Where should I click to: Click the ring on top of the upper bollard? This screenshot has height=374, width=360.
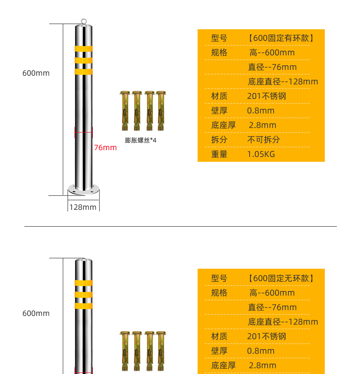point(84,19)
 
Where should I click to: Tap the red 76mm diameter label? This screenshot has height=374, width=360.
point(105,148)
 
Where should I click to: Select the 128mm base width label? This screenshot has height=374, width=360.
point(83,207)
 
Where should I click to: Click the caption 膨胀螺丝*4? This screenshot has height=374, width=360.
point(140,140)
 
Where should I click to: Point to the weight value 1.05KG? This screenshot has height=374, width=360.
point(261,154)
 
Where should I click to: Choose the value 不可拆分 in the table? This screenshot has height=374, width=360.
point(264,140)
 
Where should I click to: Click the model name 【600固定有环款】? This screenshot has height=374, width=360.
point(281,38)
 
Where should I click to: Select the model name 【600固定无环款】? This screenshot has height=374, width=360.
point(281,278)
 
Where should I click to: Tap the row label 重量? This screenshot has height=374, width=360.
point(219,154)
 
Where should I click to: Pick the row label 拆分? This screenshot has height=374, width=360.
point(219,140)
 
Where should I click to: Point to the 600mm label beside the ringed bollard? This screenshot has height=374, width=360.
point(36,73)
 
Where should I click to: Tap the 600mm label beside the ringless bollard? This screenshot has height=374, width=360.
point(36,313)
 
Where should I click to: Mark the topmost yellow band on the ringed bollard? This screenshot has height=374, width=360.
point(84,49)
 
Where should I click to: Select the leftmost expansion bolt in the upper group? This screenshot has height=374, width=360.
point(125,111)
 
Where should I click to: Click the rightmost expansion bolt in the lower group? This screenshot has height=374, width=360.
point(161,351)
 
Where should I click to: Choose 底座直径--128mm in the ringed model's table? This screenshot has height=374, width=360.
point(283,82)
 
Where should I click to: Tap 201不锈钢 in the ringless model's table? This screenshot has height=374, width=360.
point(266,336)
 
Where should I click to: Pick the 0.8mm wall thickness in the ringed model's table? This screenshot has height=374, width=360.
point(261,111)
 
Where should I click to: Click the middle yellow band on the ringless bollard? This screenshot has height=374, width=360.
point(84,295)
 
